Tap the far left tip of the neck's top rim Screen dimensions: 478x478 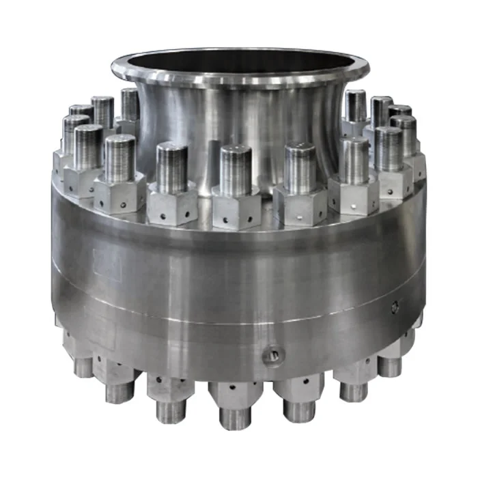tap(113, 66)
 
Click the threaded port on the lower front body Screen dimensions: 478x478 tap(272, 354)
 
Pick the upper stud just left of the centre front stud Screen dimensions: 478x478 tap(171, 167)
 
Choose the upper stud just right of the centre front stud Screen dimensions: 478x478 tap(300, 167)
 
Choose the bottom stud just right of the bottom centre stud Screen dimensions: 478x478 tap(299, 408)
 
